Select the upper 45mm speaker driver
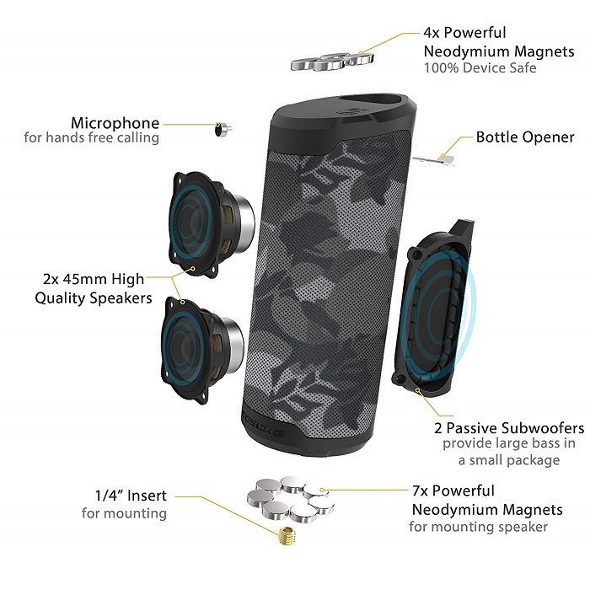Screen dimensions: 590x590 point(211,225)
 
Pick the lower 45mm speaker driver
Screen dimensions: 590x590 point(202,349)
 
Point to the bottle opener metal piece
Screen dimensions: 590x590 point(435,160)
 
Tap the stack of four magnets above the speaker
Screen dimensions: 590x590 point(332,62)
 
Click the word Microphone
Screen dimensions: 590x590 point(115,123)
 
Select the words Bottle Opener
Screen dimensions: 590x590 point(525,137)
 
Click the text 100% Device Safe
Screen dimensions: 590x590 point(480,68)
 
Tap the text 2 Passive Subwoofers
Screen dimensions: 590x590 point(509,428)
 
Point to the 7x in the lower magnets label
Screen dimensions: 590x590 point(420,491)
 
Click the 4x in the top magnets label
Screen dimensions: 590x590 point(432,33)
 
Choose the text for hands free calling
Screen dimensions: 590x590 point(91,137)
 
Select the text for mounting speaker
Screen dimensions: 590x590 point(478,527)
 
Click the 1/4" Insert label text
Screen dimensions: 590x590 point(131,496)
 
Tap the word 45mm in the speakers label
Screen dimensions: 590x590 point(85,279)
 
